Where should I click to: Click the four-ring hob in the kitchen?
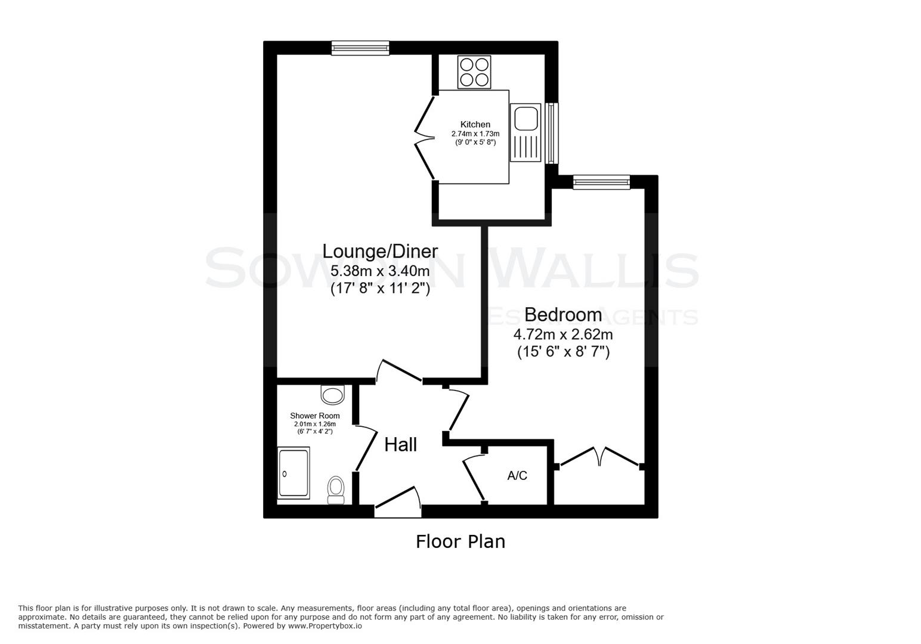point(474,72)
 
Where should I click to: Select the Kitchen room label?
point(475,125)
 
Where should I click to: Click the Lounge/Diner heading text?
point(380,251)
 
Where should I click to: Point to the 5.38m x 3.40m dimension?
point(380,271)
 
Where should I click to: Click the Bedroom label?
point(563,314)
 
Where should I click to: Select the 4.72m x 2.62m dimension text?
point(563,335)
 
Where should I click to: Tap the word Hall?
point(400,444)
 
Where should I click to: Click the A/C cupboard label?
point(517,475)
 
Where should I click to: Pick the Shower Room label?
point(315,416)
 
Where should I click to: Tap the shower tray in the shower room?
point(293,473)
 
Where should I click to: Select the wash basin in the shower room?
point(333,395)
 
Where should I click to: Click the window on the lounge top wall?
point(360,48)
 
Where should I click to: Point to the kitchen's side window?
point(552,132)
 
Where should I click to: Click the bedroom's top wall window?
point(601,182)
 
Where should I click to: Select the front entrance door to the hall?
point(398,502)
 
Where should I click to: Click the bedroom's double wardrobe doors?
point(599,457)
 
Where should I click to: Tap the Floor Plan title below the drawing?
point(460,541)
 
